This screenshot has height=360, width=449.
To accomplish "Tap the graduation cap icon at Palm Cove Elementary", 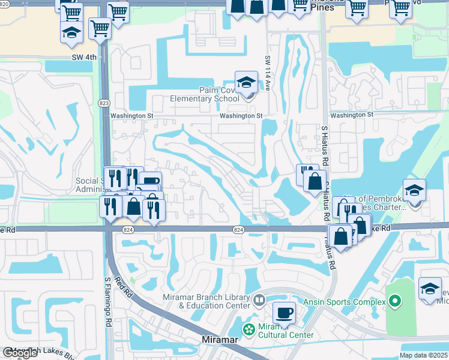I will [x=246, y=83].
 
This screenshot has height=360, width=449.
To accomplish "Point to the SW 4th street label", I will [x=83, y=58].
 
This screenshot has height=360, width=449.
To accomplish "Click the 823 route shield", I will [x=103, y=103].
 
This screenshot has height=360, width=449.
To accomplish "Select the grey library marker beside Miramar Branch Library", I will [x=259, y=299].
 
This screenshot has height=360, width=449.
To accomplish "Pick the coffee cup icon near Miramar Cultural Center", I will [x=284, y=313].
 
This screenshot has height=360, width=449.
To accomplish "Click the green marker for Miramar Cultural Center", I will [x=247, y=329].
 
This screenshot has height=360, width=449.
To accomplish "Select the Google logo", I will [x=20, y=353].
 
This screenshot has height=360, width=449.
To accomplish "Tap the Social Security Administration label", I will [x=90, y=185].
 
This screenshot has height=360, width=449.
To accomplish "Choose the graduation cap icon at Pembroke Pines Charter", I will [x=414, y=191].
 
